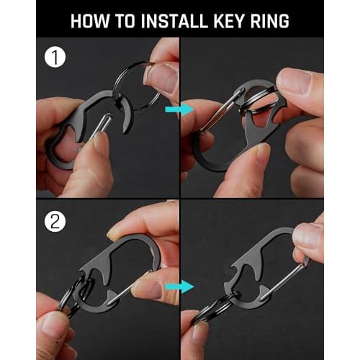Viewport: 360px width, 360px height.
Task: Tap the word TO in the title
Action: click(127, 20)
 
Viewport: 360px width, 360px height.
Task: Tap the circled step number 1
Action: click(53, 55)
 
